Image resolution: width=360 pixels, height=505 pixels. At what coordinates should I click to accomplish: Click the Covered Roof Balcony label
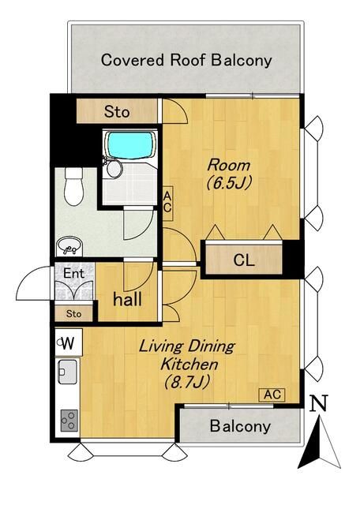click(186, 61)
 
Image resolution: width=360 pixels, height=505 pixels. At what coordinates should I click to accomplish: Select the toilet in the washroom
click(73, 187)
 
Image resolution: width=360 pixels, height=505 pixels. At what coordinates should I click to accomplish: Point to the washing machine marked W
click(69, 342)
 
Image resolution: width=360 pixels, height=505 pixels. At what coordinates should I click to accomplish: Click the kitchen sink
click(67, 372)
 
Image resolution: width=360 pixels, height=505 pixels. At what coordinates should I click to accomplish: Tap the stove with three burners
click(69, 421)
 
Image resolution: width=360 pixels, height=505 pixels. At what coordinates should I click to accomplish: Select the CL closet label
click(244, 260)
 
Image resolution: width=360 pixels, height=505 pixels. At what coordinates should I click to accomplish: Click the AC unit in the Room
click(167, 204)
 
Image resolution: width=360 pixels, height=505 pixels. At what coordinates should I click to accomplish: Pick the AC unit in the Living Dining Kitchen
click(272, 395)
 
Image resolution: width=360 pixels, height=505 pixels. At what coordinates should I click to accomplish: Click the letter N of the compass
click(318, 402)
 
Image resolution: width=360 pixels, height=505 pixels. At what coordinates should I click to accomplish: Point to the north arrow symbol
click(319, 441)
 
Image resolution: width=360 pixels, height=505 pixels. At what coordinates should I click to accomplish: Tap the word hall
click(127, 299)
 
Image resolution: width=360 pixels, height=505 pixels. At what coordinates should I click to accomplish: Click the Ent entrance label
click(73, 273)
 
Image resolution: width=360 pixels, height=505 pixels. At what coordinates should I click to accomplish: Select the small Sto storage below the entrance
click(73, 314)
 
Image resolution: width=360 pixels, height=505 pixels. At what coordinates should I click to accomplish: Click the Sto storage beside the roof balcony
click(117, 111)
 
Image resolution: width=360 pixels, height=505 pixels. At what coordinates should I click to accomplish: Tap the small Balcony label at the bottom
click(240, 426)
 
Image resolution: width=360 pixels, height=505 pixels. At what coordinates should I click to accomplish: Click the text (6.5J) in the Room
click(228, 183)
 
